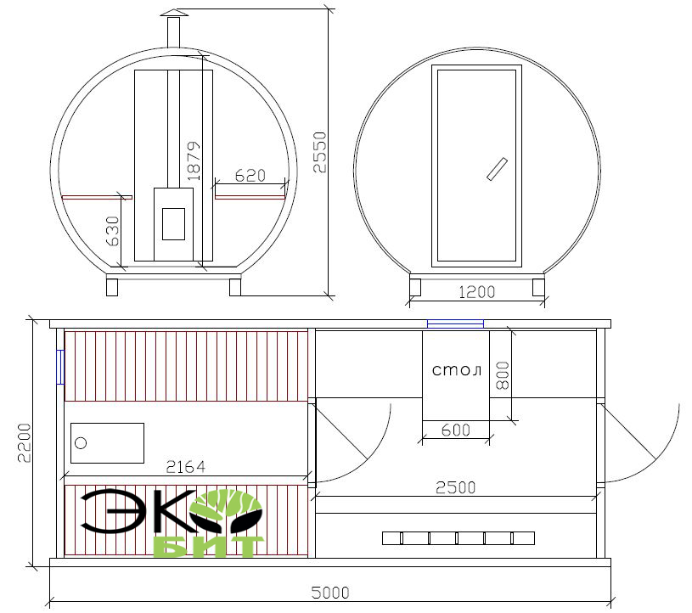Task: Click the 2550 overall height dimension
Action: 319,152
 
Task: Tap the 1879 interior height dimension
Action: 194,160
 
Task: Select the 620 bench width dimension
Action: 250,176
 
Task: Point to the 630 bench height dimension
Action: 113,231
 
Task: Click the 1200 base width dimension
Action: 476,292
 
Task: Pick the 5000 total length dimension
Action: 330,593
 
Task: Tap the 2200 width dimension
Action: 25,442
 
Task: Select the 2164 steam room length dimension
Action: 185,467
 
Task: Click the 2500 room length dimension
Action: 455,487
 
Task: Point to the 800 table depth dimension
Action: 503,375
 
